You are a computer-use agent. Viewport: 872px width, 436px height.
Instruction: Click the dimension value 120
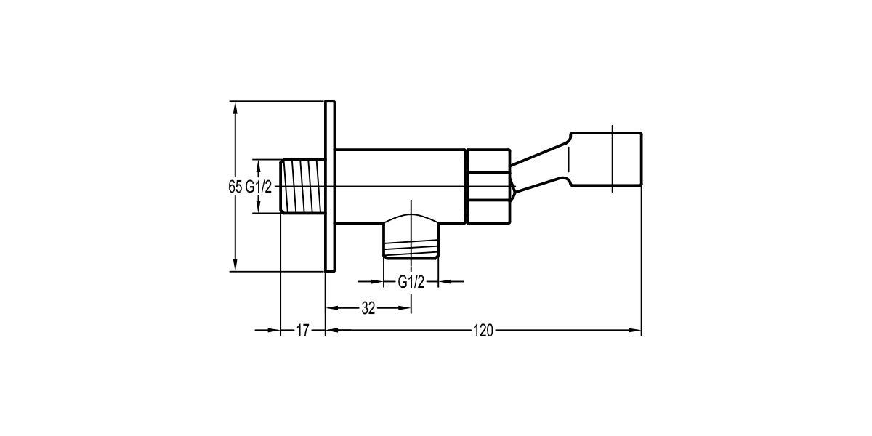coord(483,331)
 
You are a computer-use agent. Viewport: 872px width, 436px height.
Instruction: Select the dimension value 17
coord(303,331)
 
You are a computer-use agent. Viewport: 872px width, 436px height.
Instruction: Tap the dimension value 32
coord(368,308)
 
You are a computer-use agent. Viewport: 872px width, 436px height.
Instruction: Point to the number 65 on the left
coord(235,187)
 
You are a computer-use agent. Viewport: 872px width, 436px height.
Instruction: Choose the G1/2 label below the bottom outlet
coord(411,282)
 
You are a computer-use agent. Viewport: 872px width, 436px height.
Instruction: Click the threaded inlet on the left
coord(302,186)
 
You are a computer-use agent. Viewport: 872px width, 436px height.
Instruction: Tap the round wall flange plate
coord(330,186)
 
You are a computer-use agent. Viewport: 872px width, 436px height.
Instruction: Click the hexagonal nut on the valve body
coord(488,186)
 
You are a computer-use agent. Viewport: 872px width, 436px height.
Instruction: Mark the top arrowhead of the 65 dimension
coord(235,106)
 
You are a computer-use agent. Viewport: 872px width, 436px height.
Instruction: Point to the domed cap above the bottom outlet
coord(411,219)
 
